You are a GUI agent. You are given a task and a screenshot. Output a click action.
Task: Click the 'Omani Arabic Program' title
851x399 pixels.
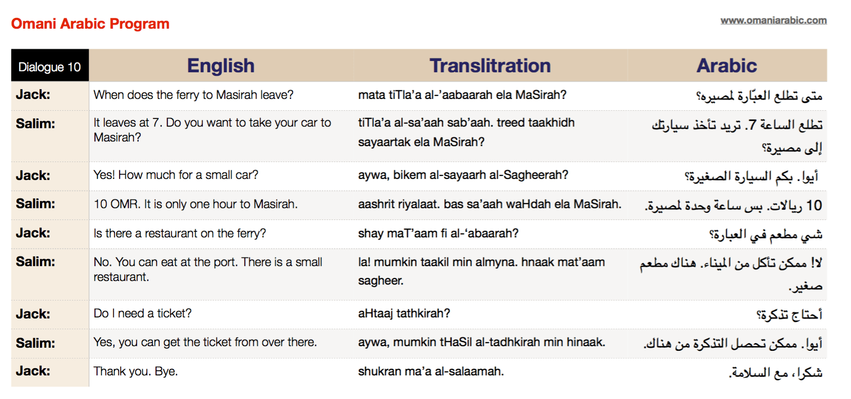tap(90, 24)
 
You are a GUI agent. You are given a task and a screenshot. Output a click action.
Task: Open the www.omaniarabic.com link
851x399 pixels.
tap(773, 21)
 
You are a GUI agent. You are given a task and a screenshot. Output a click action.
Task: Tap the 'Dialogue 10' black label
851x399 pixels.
tap(50, 67)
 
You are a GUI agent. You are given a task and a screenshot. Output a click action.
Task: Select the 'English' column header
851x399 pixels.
tap(221, 66)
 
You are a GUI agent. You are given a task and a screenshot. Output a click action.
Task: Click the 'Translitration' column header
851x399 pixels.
tap(490, 66)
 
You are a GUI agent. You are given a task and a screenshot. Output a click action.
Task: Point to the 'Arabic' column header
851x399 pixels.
tap(726, 66)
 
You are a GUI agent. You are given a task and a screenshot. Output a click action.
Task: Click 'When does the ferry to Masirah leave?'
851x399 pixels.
tap(194, 95)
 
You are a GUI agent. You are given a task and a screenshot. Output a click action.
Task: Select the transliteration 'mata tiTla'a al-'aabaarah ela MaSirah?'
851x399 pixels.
tap(462, 95)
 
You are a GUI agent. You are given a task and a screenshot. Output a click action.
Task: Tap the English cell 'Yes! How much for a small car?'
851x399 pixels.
tap(176, 175)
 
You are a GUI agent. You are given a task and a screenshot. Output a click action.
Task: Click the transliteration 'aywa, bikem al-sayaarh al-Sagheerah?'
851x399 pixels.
tap(463, 175)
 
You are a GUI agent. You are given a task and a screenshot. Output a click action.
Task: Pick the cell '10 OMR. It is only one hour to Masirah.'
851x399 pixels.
tap(196, 204)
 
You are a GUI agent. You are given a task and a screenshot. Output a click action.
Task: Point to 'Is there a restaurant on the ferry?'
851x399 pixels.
tap(180, 233)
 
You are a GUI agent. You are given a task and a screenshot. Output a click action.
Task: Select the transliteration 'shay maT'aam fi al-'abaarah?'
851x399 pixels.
tap(438, 233)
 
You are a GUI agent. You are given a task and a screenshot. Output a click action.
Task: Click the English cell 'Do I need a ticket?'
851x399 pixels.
tap(142, 313)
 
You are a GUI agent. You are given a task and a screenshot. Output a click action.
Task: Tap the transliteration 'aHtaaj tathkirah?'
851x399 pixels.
tap(404, 313)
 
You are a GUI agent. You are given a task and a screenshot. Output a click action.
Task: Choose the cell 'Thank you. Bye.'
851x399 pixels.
tap(136, 371)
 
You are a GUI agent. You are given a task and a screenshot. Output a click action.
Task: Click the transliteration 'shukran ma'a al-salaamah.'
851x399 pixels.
tap(431, 371)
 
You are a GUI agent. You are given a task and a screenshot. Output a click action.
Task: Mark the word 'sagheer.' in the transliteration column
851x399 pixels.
tap(381, 281)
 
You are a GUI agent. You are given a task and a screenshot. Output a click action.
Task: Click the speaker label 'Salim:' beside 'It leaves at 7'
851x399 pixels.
tap(35, 124)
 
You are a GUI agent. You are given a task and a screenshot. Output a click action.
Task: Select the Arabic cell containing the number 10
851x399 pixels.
tap(733, 206)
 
